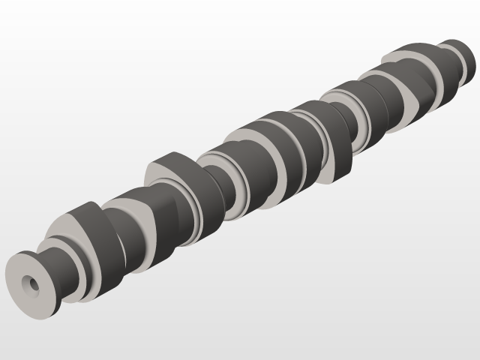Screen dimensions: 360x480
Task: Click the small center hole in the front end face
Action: click(31, 283)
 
